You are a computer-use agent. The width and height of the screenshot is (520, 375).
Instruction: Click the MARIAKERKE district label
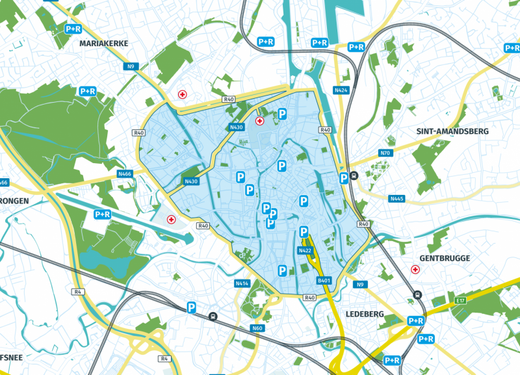tap(104, 43)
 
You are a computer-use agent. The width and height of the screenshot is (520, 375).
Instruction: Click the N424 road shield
tap(341, 90)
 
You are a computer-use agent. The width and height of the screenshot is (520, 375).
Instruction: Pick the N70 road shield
tap(385, 153)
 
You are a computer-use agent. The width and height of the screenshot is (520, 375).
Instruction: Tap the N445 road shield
tap(396, 198)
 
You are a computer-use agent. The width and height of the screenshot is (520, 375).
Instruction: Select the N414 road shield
tap(242, 283)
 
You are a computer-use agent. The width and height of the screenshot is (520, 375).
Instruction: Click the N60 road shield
tap(257, 328)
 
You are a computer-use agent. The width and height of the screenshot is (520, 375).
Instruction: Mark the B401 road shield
tap(324, 280)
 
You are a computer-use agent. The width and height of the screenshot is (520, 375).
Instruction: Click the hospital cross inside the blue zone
tap(260, 121)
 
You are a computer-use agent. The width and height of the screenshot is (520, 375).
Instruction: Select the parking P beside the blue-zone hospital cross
tap(282, 114)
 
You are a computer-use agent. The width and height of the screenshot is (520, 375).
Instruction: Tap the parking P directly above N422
tap(304, 232)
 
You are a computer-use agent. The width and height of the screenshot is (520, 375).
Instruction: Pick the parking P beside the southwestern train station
tap(192, 307)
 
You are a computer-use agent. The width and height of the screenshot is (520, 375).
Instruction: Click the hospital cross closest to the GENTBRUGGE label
tap(415, 269)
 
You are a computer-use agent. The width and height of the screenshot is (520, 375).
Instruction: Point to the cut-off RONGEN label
tap(14, 201)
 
